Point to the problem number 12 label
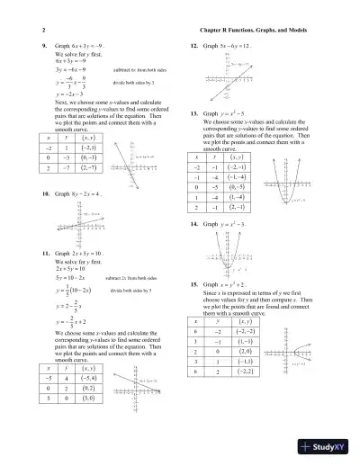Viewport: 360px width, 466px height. [x=195, y=42]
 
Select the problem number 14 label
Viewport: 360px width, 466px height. [x=195, y=222]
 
